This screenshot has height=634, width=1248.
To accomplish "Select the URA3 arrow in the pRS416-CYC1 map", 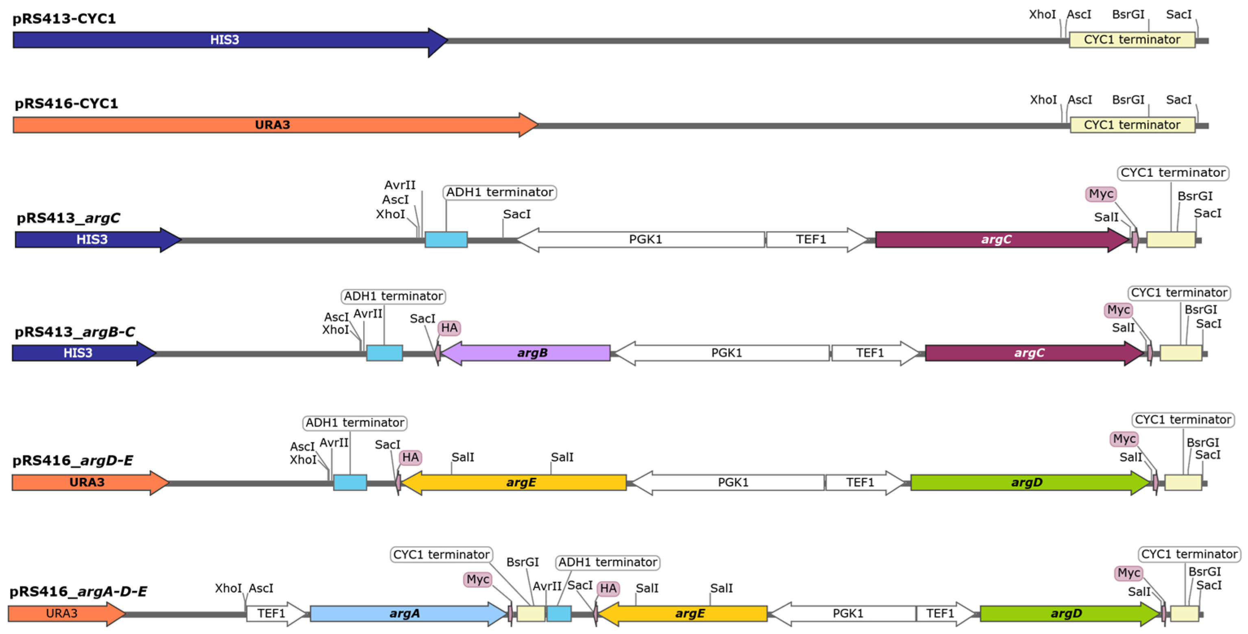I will pyautogui.click(x=272, y=125).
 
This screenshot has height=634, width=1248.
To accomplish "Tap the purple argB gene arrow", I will pyautogui.click(x=531, y=353).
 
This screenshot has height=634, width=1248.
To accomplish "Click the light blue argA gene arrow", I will pyautogui.click(x=405, y=614).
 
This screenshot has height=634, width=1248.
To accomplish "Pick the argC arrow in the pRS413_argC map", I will pyautogui.click(x=996, y=240).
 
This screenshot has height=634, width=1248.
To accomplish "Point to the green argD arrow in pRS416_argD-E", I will pyautogui.click(x=1026, y=482).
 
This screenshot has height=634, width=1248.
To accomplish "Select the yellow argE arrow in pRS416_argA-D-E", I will pyautogui.click(x=689, y=614).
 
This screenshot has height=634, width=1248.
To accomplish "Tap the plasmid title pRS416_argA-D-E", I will pyautogui.click(x=78, y=591).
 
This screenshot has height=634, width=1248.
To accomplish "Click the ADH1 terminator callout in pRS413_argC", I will pyautogui.click(x=499, y=192).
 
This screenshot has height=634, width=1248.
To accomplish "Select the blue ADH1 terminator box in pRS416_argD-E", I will pyautogui.click(x=350, y=482).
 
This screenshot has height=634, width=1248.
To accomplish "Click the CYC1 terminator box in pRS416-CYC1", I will pyautogui.click(x=1132, y=125).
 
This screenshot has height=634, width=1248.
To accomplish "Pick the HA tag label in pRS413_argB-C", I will pyautogui.click(x=449, y=328).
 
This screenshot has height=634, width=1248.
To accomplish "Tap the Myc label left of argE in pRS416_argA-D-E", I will pyautogui.click(x=478, y=579).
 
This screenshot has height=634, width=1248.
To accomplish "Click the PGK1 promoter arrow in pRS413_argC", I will pyautogui.click(x=645, y=240).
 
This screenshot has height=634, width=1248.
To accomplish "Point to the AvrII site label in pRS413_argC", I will pyautogui.click(x=400, y=185).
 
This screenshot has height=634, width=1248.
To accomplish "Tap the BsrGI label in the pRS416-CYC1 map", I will pyautogui.click(x=1128, y=100).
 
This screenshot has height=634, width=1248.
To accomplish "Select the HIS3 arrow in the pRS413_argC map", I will pyautogui.click(x=92, y=240).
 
